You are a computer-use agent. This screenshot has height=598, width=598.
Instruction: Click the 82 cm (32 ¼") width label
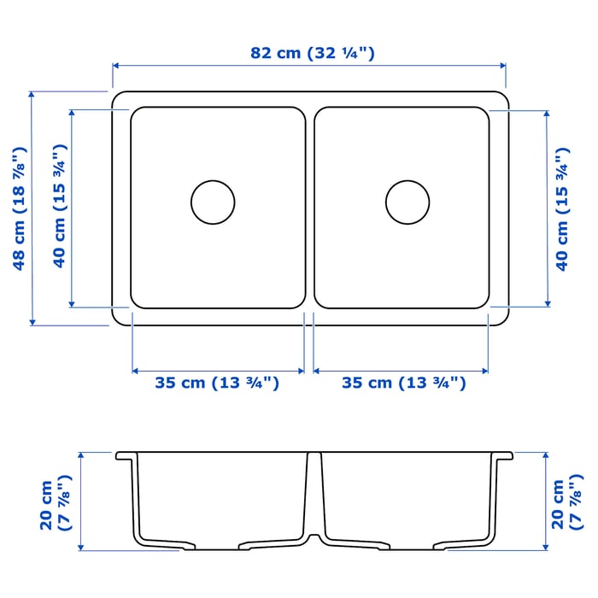pyautogui.click(x=312, y=53)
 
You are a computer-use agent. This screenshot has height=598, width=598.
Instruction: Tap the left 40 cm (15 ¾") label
pyautogui.click(x=60, y=208)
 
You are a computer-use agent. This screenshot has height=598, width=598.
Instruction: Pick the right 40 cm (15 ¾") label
pyautogui.click(x=561, y=208)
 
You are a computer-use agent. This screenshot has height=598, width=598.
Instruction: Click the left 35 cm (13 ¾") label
pyautogui.click(x=217, y=383)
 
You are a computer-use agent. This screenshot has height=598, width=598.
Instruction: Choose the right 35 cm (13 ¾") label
pyautogui.click(x=404, y=383)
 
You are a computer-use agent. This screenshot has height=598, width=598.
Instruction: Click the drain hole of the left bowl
pyautogui.click(x=213, y=202)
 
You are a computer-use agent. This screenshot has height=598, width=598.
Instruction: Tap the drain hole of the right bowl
pyautogui.click(x=407, y=202)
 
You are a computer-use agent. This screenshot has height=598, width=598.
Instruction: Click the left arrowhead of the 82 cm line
pyautogui.click(x=116, y=64)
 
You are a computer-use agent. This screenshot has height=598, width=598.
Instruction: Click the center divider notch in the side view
pyautogui.click(x=313, y=538)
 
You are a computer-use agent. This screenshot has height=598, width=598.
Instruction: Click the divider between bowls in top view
pyautogui.click(x=309, y=208)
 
